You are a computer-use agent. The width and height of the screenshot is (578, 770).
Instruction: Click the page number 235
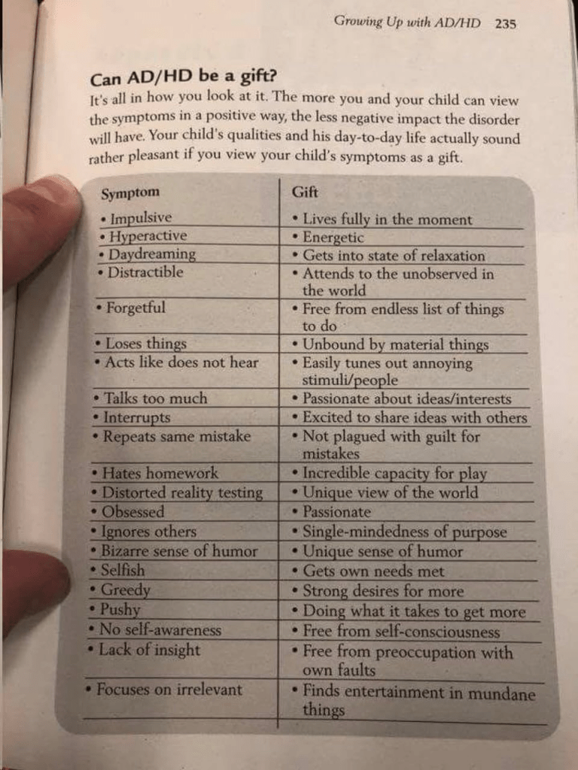(506, 23)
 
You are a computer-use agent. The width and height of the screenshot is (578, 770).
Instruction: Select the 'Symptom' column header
(130, 193)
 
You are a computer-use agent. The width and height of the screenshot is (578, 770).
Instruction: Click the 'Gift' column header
(305, 192)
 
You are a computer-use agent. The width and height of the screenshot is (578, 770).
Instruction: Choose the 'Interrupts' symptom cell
(136, 417)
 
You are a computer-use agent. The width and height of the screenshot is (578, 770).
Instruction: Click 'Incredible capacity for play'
(394, 474)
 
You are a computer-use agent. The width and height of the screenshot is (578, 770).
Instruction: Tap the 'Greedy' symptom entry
(125, 590)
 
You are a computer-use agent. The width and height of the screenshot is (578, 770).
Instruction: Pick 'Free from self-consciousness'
(400, 631)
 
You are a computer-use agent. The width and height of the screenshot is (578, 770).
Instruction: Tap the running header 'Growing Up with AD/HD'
(407, 22)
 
